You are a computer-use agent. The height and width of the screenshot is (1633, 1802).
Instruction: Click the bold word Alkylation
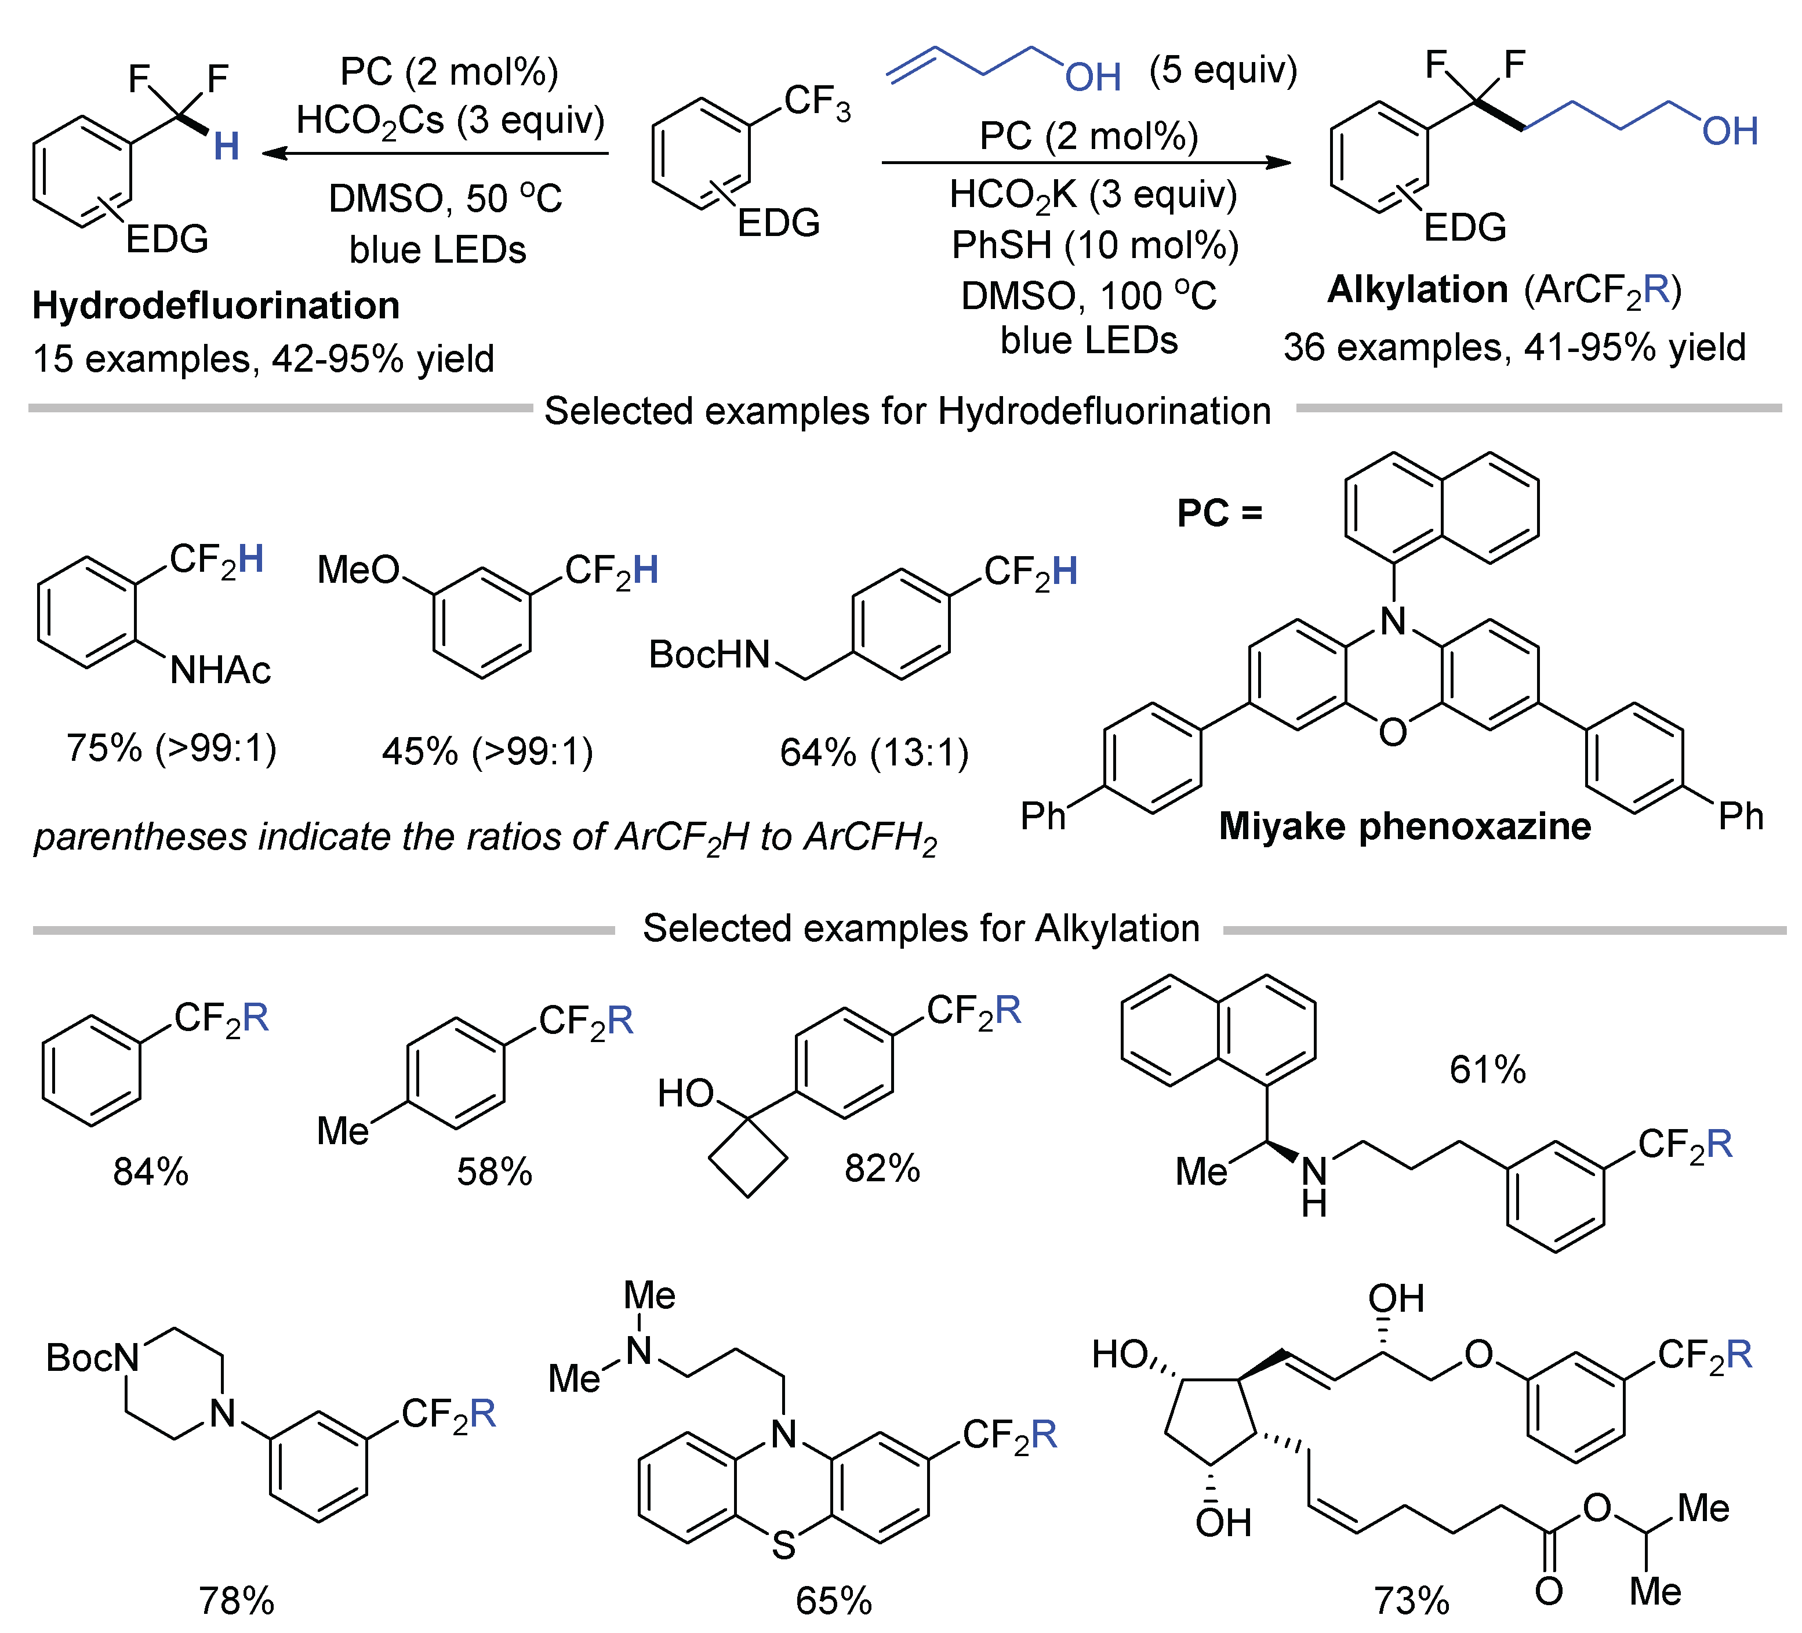coord(1417,291)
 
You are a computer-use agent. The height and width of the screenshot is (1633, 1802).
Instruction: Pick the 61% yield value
coord(1487,1070)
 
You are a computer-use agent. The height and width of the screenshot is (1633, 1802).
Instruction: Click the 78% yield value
coord(236,1601)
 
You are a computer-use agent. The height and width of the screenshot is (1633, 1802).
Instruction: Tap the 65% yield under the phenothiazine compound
coord(833,1601)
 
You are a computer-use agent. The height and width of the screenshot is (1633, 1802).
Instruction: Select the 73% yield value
coord(1411,1601)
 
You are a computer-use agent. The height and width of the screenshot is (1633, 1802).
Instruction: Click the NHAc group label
coord(220,670)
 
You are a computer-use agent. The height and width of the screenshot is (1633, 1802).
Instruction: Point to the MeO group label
coord(358,570)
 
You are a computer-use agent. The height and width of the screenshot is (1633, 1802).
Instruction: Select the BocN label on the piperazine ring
coord(92,1359)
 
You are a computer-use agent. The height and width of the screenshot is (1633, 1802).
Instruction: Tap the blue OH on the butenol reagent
coord(1092,78)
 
